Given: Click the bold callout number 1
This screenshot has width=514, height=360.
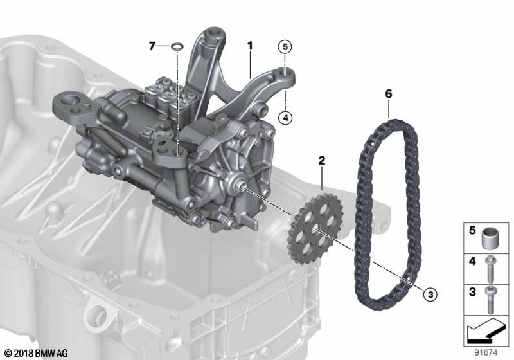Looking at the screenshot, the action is click(250, 46).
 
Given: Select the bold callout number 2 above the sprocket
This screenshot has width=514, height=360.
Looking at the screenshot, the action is click(322, 160).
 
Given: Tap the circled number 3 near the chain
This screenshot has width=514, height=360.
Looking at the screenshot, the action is click(430, 294).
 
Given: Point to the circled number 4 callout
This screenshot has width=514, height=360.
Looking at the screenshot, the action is click(285, 118).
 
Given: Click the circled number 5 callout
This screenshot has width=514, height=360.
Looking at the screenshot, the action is click(285, 47).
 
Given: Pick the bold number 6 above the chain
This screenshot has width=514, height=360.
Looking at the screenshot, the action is click(389, 94).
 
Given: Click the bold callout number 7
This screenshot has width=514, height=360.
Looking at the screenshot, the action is click(152, 46).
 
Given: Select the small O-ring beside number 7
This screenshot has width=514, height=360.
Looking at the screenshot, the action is click(177, 46).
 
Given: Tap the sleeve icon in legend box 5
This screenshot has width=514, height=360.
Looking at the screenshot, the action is click(490, 237).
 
